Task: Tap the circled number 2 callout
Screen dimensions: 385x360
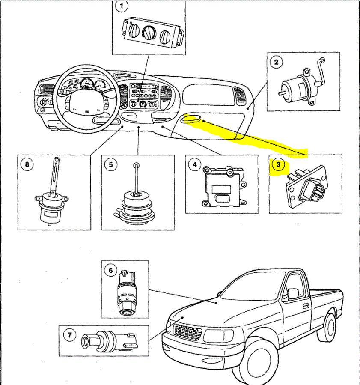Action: coord(277,63)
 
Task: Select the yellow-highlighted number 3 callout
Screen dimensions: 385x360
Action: coord(279,165)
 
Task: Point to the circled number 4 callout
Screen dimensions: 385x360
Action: coord(195,164)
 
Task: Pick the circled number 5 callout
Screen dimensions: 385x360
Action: coord(111,164)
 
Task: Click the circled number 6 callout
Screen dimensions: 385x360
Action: coord(110,270)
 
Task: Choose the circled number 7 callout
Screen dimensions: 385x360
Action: coord(69,335)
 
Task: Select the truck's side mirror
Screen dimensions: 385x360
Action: coord(293,294)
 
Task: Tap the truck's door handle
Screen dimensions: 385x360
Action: coord(306,306)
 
